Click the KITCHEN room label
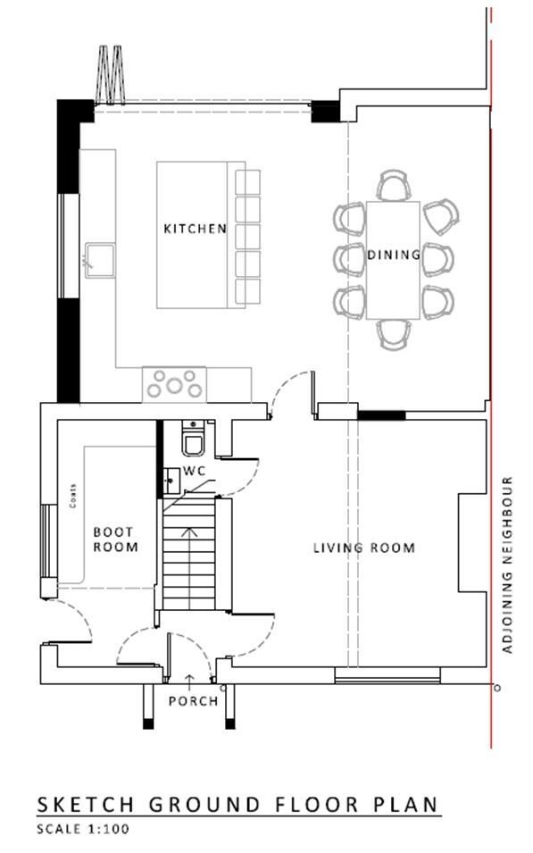click(x=195, y=229)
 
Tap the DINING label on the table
click(x=394, y=255)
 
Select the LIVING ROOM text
click(x=364, y=548)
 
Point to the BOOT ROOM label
click(x=115, y=539)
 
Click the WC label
click(x=194, y=471)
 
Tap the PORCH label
click(x=193, y=700)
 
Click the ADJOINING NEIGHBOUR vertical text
click(x=507, y=564)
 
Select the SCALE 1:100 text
click(x=83, y=829)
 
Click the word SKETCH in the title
click(x=86, y=805)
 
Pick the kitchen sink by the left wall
click(x=100, y=261)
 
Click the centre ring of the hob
click(x=174, y=386)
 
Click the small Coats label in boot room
click(x=73, y=496)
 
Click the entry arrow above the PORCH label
click(x=189, y=682)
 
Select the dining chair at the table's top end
click(x=393, y=185)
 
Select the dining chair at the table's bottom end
click(x=393, y=334)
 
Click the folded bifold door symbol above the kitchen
click(x=111, y=74)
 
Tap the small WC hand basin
click(x=171, y=481)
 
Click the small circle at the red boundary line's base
click(x=497, y=688)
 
